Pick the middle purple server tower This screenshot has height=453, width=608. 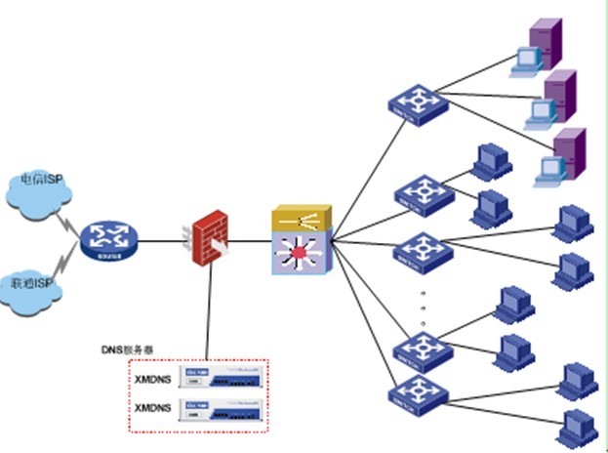click(x=559, y=96)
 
